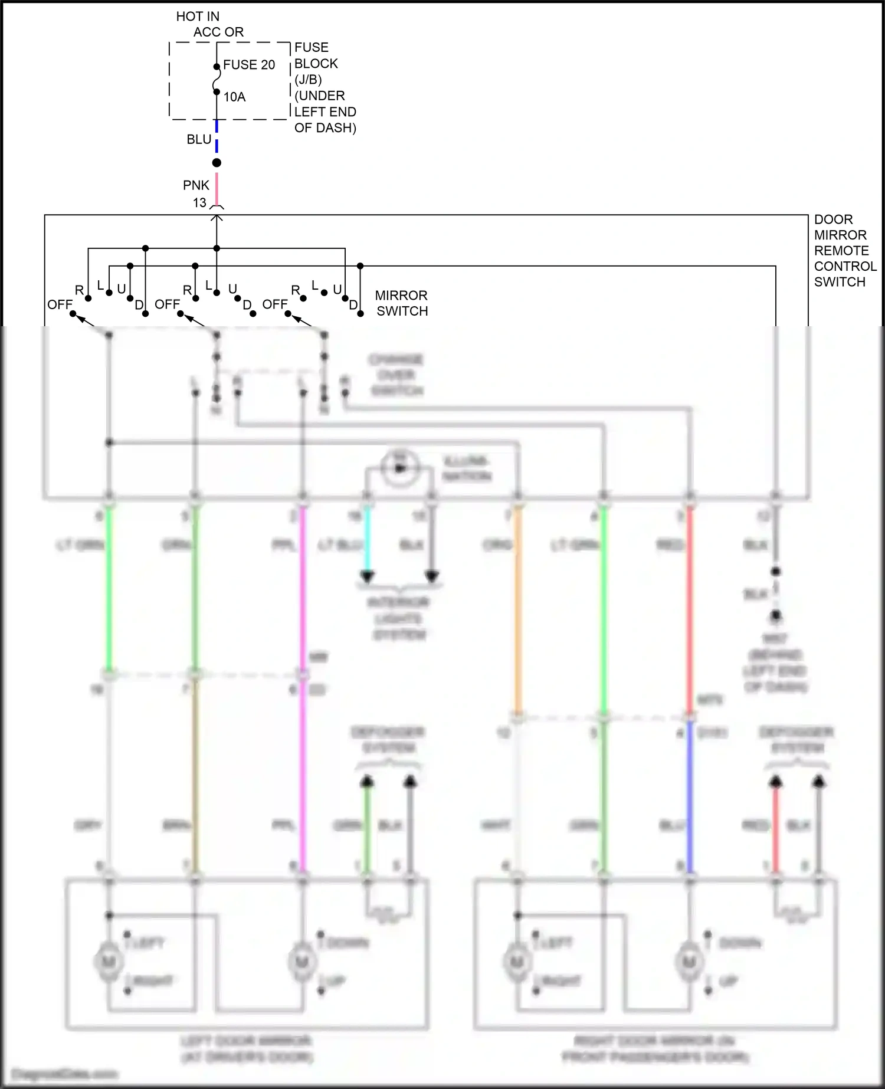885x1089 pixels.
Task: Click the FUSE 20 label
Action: click(x=248, y=65)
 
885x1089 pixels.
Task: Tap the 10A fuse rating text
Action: click(x=234, y=97)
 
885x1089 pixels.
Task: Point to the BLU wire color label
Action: click(x=199, y=140)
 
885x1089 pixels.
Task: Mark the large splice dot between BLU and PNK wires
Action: click(x=217, y=162)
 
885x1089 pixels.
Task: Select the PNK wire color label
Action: click(x=196, y=185)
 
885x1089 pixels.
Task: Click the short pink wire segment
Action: click(x=217, y=188)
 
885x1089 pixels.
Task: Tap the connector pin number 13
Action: click(x=199, y=203)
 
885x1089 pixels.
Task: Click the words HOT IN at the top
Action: click(x=198, y=17)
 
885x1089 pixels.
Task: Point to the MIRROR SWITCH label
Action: click(x=402, y=303)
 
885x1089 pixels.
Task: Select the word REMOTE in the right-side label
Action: click(x=841, y=251)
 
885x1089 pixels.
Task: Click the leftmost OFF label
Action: click(x=60, y=304)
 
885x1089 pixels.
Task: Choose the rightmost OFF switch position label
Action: click(x=275, y=304)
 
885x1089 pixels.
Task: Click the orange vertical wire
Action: click(x=517, y=608)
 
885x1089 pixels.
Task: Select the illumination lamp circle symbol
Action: click(x=399, y=468)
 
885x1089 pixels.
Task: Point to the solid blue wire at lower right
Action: click(x=689, y=802)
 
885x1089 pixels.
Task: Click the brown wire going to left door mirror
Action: click(x=195, y=779)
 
